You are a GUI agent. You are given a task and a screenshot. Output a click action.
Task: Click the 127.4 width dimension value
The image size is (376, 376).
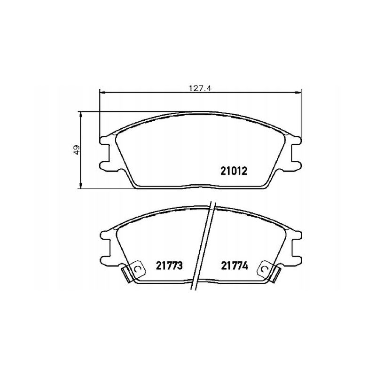[200, 88]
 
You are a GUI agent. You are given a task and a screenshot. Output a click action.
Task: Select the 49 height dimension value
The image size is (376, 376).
[77, 150]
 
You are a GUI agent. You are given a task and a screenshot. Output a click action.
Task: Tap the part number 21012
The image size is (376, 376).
[234, 171]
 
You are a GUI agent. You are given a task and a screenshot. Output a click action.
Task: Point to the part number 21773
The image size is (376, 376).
[169, 266]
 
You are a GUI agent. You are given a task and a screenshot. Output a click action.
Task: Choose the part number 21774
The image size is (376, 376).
[235, 266]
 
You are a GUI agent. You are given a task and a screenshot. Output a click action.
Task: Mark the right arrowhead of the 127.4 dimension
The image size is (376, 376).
[298, 92]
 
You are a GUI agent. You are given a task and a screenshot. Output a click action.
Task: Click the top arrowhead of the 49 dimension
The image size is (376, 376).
[80, 115]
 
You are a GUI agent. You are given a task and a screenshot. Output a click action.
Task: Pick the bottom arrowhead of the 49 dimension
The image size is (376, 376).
[80, 185]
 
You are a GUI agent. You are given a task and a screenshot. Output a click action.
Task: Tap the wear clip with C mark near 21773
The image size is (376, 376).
[138, 269]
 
